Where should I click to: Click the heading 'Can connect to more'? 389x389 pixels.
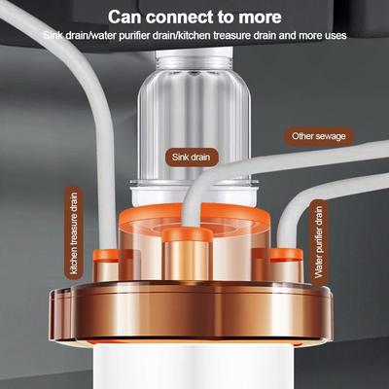tap(194, 17)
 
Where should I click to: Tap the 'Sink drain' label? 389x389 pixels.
tap(191, 158)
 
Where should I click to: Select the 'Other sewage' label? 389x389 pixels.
tap(319, 136)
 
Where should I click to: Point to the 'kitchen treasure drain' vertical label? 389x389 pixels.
tap(74, 233)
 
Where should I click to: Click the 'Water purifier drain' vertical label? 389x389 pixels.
tap(319, 242)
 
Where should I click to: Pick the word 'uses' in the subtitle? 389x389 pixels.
tap(336, 35)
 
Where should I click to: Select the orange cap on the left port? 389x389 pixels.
tap(107, 255)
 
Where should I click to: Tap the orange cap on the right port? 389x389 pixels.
tap(286, 255)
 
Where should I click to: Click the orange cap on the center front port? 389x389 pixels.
tap(187, 234)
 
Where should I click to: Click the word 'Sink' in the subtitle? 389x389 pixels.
tap(53, 35)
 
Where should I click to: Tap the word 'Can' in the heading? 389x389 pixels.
tap(124, 17)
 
